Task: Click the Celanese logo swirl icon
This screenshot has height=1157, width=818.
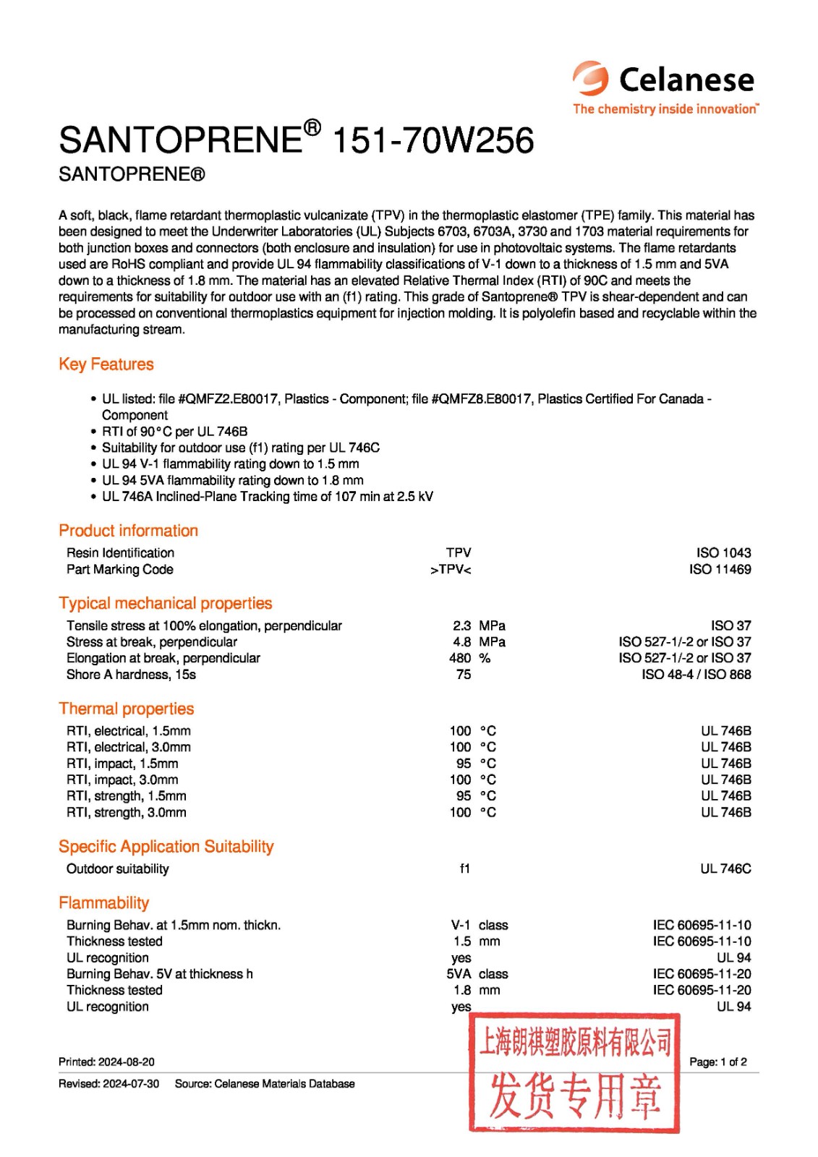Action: [x=590, y=77]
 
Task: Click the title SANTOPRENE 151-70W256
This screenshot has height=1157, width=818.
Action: [x=296, y=140]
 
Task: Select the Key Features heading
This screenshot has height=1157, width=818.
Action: [x=106, y=364]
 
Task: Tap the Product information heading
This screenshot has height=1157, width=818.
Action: [x=128, y=531]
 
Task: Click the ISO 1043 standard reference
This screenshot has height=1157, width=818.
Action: [x=723, y=552]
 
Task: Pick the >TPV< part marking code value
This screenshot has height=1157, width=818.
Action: [x=451, y=570]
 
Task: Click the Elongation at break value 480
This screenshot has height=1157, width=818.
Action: [x=460, y=658]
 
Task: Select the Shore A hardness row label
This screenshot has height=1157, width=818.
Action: [x=131, y=675]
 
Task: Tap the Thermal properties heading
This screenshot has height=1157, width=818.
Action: [x=127, y=709]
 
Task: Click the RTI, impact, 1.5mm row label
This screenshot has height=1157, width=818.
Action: [x=122, y=764]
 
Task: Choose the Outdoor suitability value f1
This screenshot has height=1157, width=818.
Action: [x=464, y=868]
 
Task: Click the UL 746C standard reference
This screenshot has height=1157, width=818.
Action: [x=725, y=868]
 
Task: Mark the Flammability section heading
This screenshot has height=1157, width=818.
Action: [x=104, y=902]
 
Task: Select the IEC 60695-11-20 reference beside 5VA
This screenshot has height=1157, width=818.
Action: [x=702, y=974]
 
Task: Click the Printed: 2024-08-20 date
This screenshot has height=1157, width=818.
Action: [x=106, y=1062]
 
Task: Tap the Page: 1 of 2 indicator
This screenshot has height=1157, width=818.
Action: [x=718, y=1062]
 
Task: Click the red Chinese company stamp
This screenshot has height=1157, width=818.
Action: [x=574, y=1072]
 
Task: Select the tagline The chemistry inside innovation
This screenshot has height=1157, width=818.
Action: [x=665, y=109]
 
